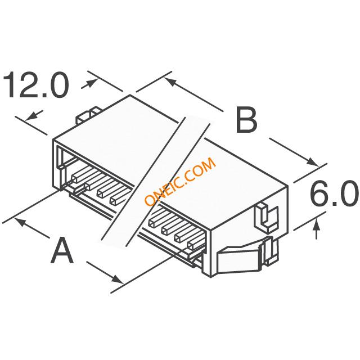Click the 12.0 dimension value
[35, 84]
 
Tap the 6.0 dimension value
[334, 193]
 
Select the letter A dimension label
[62, 251]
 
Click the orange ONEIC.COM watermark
[180, 181]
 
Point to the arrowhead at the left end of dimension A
[20, 222]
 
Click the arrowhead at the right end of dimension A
[117, 279]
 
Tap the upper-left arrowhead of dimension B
[170, 82]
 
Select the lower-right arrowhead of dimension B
[313, 161]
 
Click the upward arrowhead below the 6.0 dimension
[317, 223]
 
